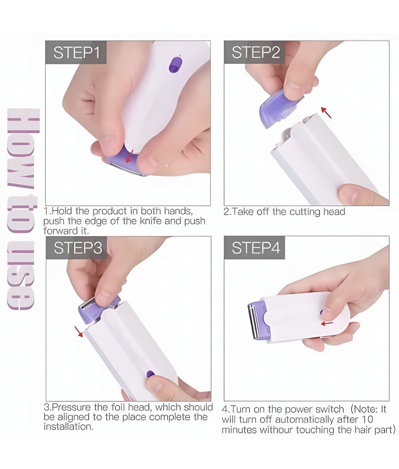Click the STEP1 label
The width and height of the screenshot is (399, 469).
pos(76,52)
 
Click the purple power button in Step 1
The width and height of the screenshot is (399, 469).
pos(175,65)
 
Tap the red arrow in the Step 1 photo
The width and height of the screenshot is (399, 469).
pos(129,156)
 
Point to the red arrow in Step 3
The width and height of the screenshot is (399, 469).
pos(79,332)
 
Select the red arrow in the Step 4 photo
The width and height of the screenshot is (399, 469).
pos(327,323)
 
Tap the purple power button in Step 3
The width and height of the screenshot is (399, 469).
pos(150,374)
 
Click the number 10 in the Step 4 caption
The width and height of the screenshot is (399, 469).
pos(367,420)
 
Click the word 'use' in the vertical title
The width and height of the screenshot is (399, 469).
pos(21,275)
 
